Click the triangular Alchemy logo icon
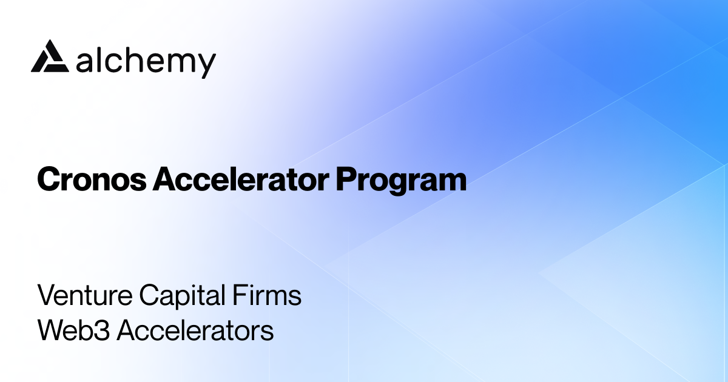coord(49,58)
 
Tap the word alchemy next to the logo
coord(146,61)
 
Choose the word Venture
coord(84,296)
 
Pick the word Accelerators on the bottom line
coord(195,331)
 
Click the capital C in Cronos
coord(48,180)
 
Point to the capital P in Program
coord(345,180)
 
